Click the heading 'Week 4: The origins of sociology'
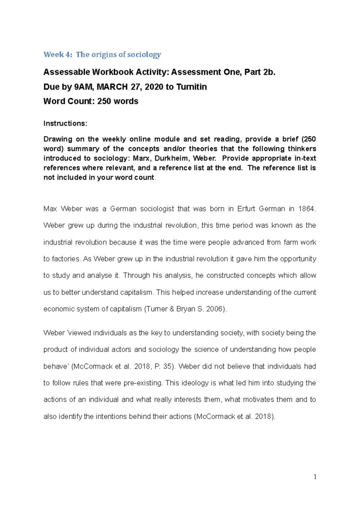[102, 55]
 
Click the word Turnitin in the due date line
[191, 87]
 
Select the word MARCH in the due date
[112, 87]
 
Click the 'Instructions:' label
[65, 124]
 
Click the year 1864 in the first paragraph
[307, 209]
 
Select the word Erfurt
[246, 209]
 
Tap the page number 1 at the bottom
[315, 477]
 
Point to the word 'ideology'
[194, 383]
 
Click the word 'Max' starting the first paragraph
[50, 209]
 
